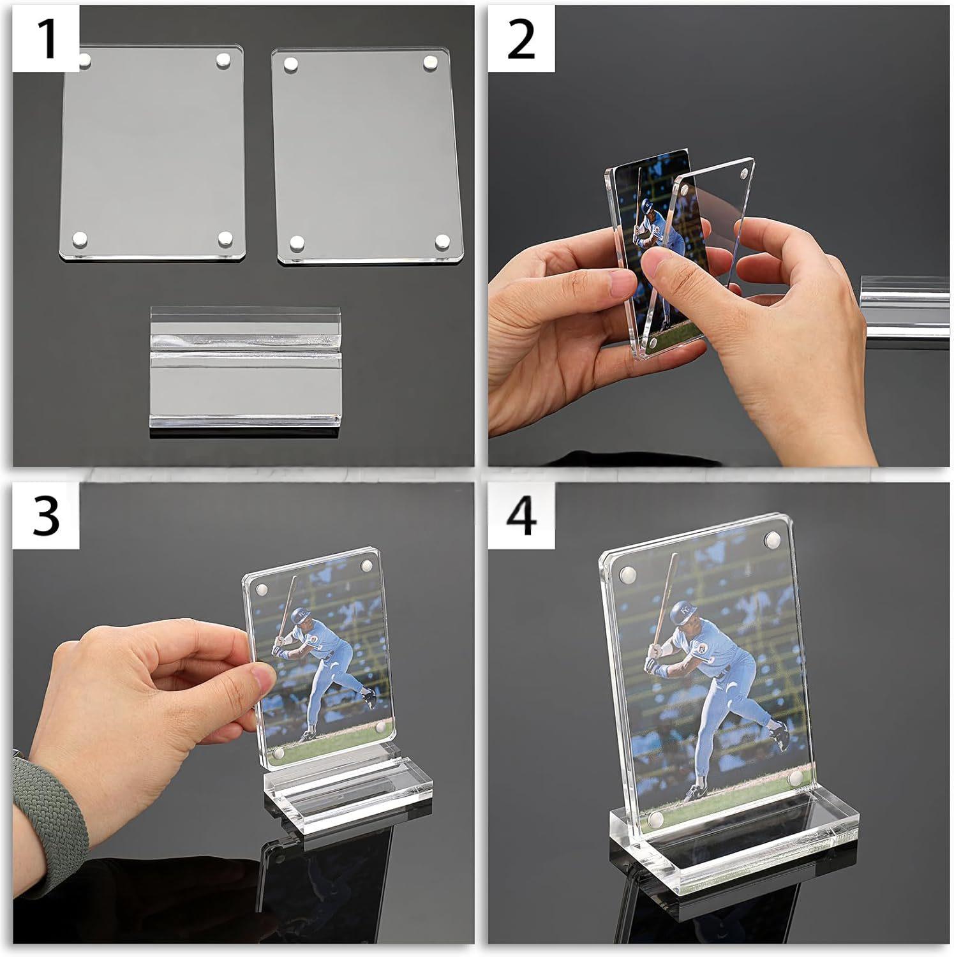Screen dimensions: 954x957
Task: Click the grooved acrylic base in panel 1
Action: (x=246, y=371)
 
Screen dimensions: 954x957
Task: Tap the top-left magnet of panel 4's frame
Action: (x=627, y=573)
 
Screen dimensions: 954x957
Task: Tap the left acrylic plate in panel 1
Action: (x=153, y=153)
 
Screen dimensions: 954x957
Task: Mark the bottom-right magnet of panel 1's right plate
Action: (x=442, y=241)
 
